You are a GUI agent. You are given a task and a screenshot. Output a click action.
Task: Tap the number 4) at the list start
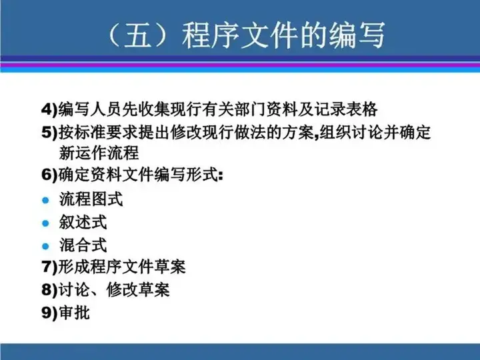click(x=49, y=109)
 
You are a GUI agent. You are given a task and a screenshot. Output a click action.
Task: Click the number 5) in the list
click(x=49, y=132)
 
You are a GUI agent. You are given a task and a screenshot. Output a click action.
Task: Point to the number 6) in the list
click(x=49, y=175)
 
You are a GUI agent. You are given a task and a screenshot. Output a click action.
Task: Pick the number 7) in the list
click(x=49, y=266)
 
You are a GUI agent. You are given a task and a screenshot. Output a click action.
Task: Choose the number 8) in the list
click(x=49, y=289)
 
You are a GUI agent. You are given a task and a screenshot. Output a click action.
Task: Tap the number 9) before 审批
click(x=49, y=313)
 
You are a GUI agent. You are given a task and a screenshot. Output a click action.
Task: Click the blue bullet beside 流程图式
click(x=45, y=201)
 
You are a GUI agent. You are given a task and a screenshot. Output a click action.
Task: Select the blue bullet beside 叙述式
click(x=45, y=223)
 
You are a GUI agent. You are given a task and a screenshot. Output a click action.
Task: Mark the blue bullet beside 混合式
click(x=45, y=246)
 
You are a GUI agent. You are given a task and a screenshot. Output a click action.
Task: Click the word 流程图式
click(x=91, y=199)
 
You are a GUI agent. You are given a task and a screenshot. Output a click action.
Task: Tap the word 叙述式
click(x=83, y=222)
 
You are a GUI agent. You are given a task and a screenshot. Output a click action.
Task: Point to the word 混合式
click(x=83, y=245)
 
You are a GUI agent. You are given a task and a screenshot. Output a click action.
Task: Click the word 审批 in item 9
click(x=74, y=313)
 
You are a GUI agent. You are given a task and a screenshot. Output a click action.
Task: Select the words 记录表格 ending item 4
click(x=345, y=109)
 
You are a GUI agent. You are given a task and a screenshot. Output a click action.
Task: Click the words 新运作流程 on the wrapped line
click(x=99, y=153)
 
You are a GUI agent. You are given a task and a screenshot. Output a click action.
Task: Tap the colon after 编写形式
click(x=221, y=176)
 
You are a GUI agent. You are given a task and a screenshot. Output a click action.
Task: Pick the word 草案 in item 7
click(x=169, y=266)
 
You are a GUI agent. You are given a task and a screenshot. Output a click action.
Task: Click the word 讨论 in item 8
click(x=74, y=289)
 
